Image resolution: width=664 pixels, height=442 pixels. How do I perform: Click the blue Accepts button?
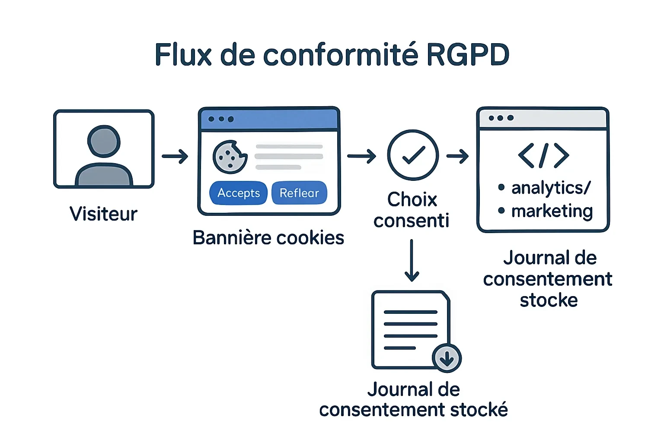point(238,193)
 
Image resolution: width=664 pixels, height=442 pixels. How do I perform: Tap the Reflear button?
point(299,193)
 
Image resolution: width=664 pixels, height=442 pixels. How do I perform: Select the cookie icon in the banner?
point(230,157)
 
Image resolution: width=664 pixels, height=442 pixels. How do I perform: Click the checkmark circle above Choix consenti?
point(413,155)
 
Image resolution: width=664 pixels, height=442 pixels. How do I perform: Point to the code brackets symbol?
point(543,155)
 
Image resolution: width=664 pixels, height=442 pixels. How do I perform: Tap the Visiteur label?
point(104,214)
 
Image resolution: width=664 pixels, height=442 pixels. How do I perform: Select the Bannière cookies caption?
point(268,238)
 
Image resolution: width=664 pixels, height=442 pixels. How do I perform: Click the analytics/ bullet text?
point(550,188)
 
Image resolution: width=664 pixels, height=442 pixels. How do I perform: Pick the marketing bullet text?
point(552,212)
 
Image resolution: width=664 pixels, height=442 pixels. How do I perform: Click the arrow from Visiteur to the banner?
point(175,156)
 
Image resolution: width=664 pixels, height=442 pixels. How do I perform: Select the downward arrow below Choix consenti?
point(412,261)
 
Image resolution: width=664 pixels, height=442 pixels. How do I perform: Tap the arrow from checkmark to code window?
point(458,156)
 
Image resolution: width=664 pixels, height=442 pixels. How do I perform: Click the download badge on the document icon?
point(447,358)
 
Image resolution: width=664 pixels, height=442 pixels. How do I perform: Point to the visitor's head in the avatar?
point(104,141)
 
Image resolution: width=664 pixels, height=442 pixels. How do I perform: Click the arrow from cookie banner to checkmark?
point(361,156)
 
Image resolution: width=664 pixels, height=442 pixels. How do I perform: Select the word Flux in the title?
point(183,55)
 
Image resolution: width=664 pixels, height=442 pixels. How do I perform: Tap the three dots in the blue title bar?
point(221,119)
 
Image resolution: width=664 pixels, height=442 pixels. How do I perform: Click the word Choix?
point(412,200)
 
